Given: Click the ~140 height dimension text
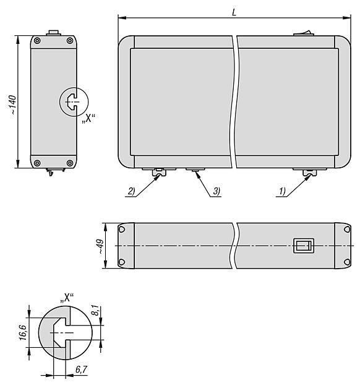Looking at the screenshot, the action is tap(13, 105).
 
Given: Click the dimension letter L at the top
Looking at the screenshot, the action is tap(234, 13).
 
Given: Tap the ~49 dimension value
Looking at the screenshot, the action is tap(101, 246).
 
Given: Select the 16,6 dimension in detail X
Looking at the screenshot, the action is tap(23, 332).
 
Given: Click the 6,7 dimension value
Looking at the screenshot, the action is tap(81, 369).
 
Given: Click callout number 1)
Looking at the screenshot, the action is tap(283, 191).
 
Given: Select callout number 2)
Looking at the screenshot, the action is tap(132, 191).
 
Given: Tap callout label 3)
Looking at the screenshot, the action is tap(216, 191).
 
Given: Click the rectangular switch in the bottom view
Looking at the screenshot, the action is tap(304, 246).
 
